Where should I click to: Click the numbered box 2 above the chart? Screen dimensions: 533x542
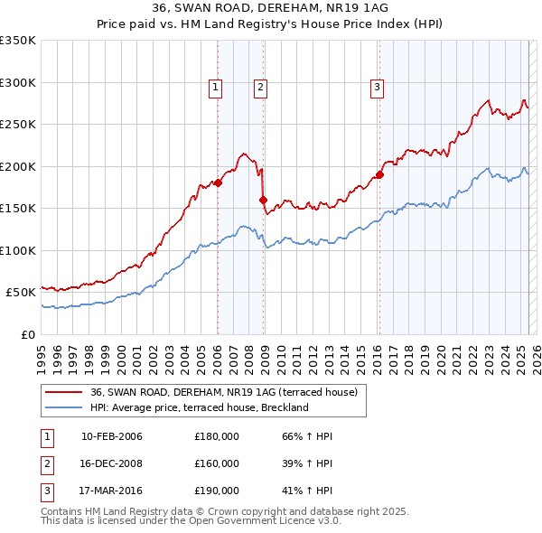point(259,88)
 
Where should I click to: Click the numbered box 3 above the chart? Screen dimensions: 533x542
point(376,88)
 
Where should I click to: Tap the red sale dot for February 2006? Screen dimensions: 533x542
point(218,182)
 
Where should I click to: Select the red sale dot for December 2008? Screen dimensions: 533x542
point(264,200)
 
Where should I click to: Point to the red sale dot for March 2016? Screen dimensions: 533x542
point(379,174)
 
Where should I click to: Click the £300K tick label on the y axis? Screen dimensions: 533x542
point(18,82)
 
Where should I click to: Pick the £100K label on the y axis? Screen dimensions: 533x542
point(18,250)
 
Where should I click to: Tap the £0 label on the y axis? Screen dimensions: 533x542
point(27,334)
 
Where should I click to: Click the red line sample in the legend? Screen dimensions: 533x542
point(63,392)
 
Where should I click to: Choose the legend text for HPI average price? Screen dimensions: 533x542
point(200,407)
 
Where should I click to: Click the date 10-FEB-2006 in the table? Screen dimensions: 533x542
point(112,437)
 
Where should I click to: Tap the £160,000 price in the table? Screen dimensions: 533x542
point(217,463)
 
